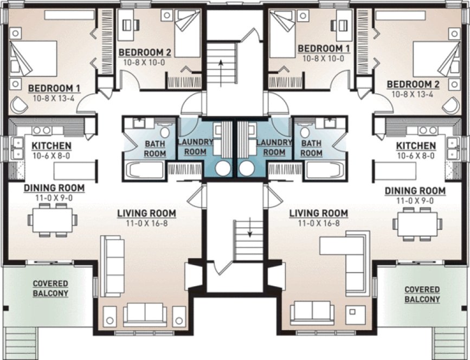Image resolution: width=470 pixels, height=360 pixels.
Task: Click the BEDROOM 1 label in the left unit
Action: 54,87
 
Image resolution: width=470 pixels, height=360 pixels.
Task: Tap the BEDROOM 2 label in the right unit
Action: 413,84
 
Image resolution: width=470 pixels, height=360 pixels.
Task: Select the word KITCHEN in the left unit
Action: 51,146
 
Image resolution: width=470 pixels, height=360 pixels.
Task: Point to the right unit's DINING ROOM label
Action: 415,191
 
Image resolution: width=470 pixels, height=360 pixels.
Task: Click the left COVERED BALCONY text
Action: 50,288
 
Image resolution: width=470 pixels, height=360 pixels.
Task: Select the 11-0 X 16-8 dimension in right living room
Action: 318,223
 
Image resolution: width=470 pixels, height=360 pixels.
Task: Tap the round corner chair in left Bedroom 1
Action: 20,103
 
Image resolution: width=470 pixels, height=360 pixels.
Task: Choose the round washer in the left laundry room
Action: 222,168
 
